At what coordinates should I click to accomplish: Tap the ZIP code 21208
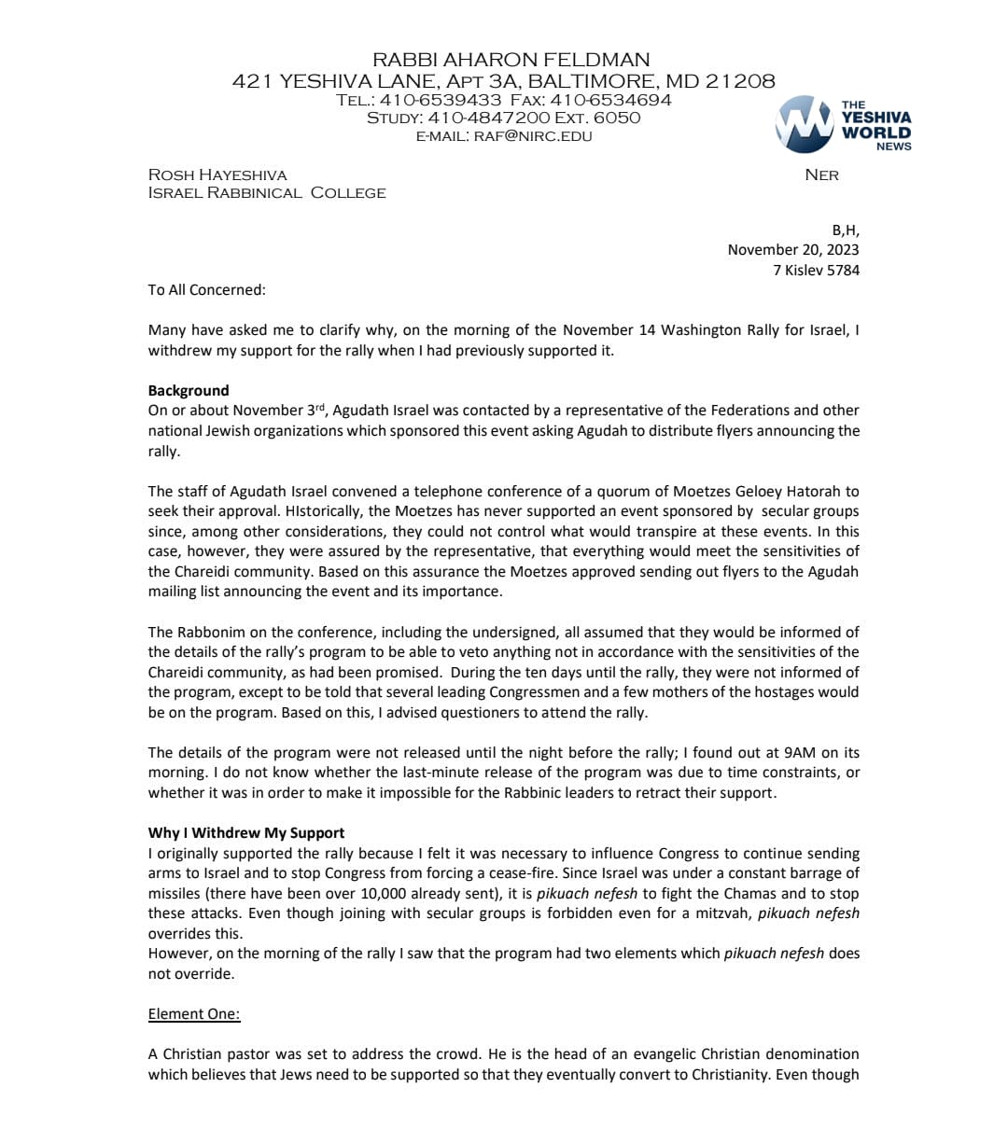pyautogui.click(x=739, y=81)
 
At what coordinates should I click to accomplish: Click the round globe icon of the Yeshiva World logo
pyautogui.click(x=804, y=123)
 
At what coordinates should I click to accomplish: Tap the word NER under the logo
pyautogui.click(x=821, y=175)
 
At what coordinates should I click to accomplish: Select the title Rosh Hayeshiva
pyautogui.click(x=217, y=175)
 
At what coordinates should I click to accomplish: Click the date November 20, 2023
pyautogui.click(x=793, y=249)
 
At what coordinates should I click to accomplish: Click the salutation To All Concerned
pyautogui.click(x=206, y=289)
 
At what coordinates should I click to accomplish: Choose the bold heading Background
pyautogui.click(x=189, y=390)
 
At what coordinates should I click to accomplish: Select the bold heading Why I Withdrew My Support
pyautogui.click(x=246, y=832)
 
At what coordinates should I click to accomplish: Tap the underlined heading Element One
pyautogui.click(x=194, y=1014)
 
